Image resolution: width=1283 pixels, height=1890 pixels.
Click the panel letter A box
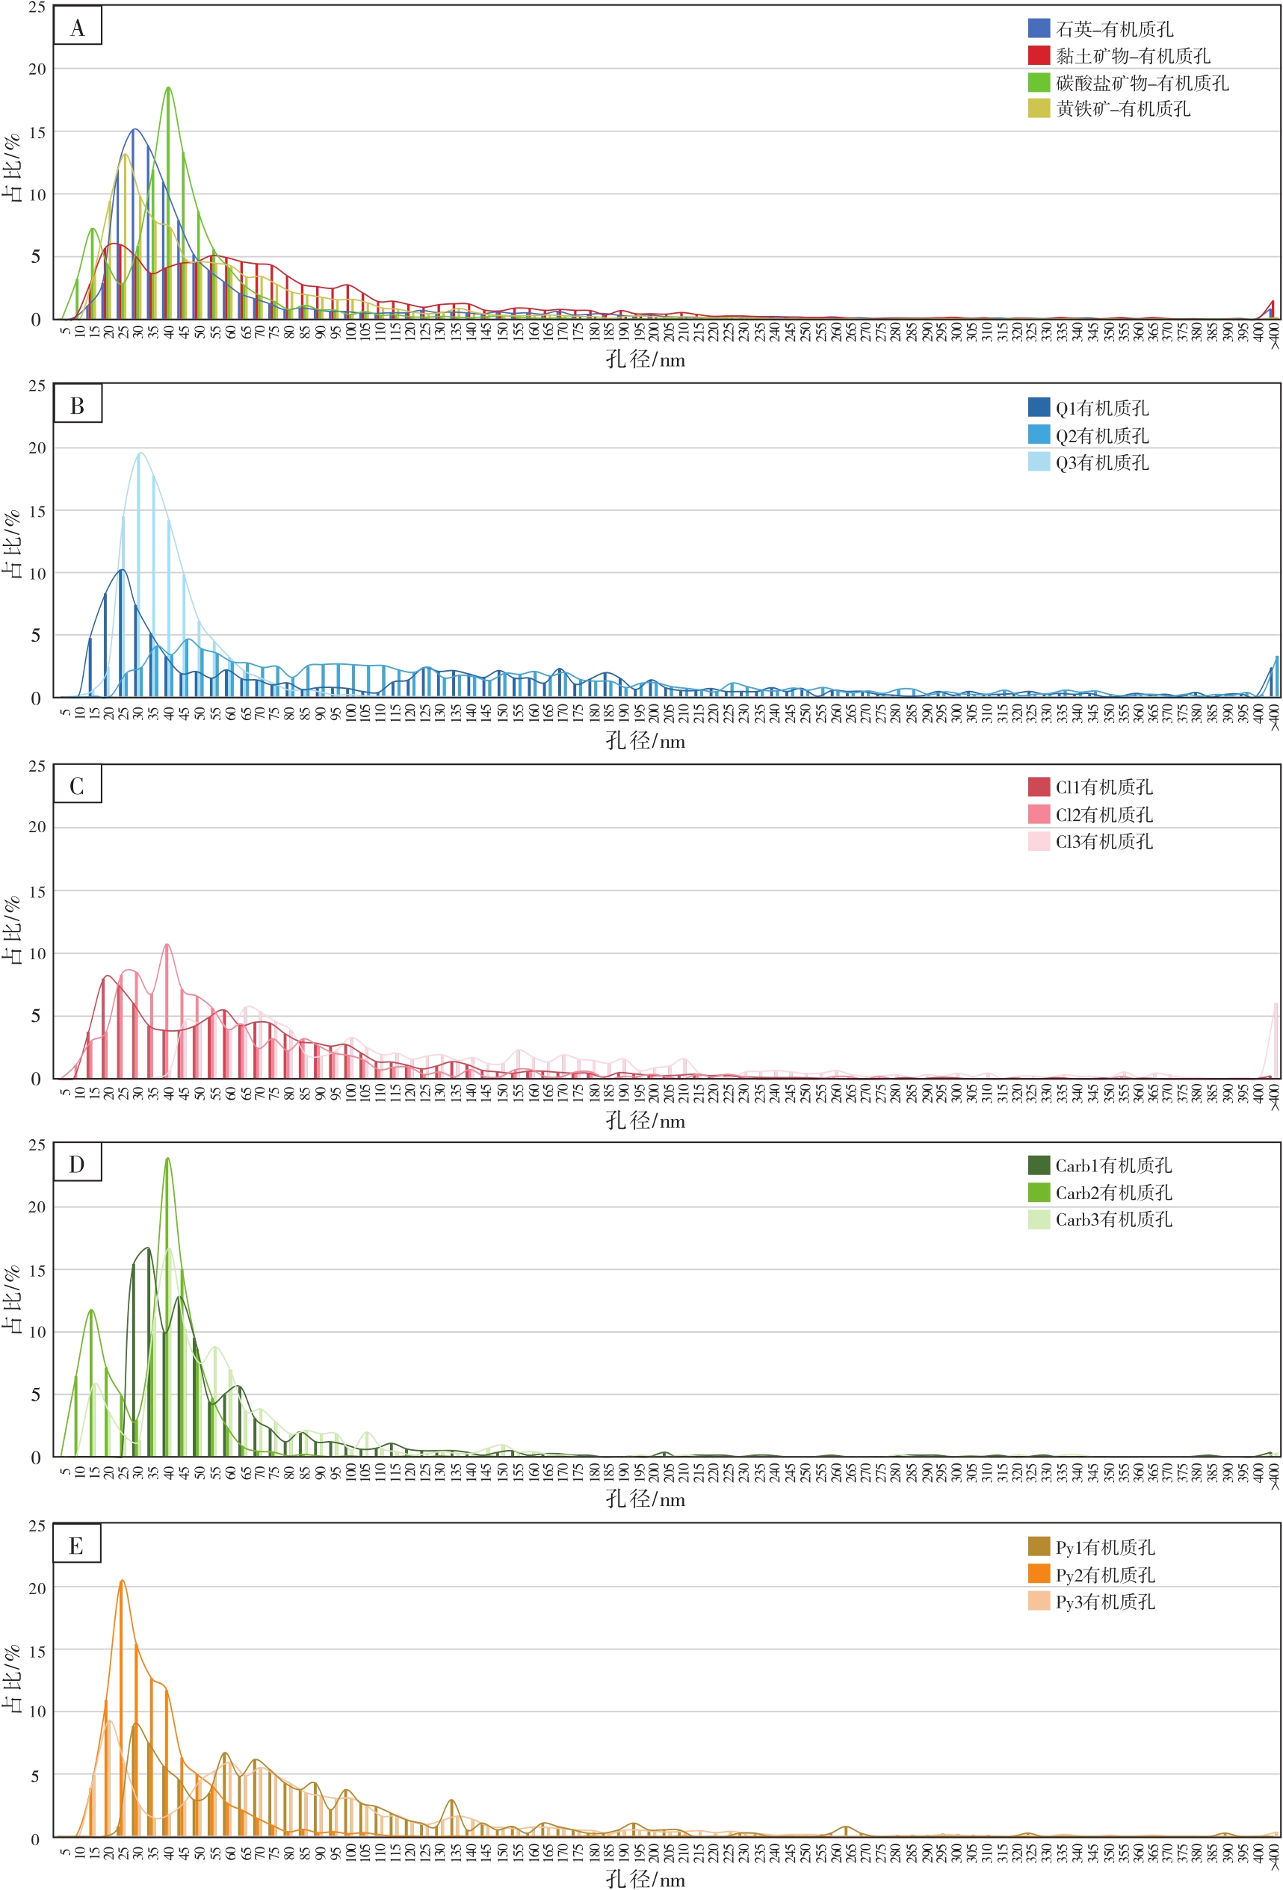click(x=77, y=26)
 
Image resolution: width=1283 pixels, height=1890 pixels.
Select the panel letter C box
click(x=77, y=785)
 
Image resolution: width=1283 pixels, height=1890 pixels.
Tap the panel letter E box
click(x=76, y=1544)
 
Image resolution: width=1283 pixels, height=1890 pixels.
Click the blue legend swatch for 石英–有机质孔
click(x=1039, y=28)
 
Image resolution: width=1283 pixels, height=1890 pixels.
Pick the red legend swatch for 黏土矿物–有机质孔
click(x=1039, y=55)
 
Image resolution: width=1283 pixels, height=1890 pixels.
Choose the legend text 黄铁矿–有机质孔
click(x=1123, y=109)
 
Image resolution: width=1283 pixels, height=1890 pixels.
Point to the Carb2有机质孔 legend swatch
click(x=1039, y=1192)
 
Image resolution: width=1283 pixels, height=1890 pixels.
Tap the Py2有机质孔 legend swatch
click(x=1039, y=1574)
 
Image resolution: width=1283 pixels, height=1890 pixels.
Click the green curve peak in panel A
click(x=168, y=88)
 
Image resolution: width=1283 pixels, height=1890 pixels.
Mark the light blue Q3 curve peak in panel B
click(x=140, y=453)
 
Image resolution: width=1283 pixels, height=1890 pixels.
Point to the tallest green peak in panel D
click(x=167, y=1158)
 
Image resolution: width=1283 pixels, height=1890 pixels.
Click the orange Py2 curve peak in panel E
click(x=122, y=1580)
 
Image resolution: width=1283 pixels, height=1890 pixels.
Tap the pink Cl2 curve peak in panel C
click(x=167, y=944)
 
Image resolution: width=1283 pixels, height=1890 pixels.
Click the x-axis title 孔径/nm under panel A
click(x=644, y=359)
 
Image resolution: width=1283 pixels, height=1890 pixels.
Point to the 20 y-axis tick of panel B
click(x=37, y=448)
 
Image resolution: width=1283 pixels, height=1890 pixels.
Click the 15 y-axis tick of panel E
click(x=37, y=1651)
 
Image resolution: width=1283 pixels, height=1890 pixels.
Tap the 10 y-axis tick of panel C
click(x=37, y=953)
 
